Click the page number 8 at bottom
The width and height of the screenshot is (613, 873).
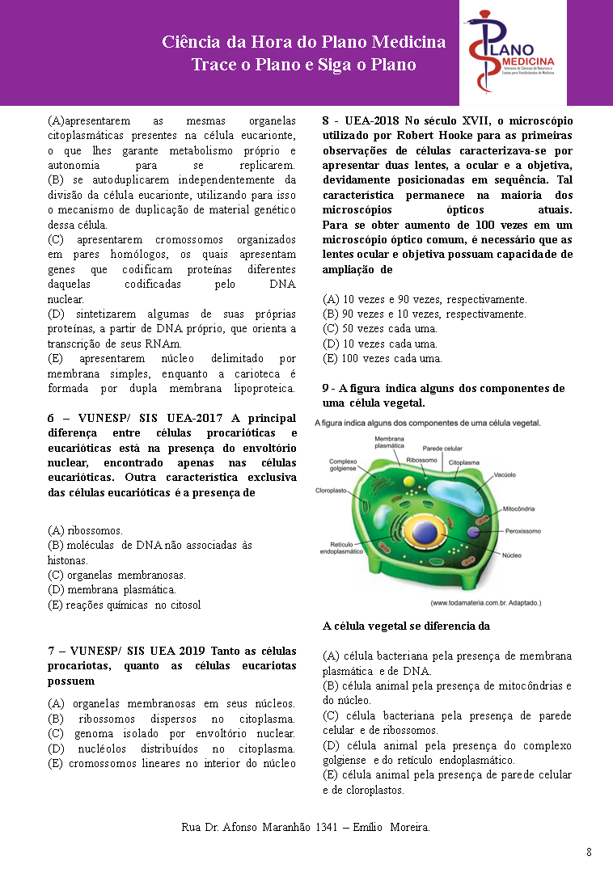pyautogui.click(x=589, y=852)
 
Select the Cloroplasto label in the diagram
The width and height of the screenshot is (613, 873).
pyautogui.click(x=331, y=491)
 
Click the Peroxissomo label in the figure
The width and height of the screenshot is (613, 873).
pyautogui.click(x=524, y=532)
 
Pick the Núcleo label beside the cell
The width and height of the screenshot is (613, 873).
pyautogui.click(x=513, y=556)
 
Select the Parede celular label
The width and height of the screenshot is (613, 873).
pyautogui.click(x=442, y=448)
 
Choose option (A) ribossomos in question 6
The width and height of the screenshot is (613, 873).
pyautogui.click(x=85, y=530)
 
